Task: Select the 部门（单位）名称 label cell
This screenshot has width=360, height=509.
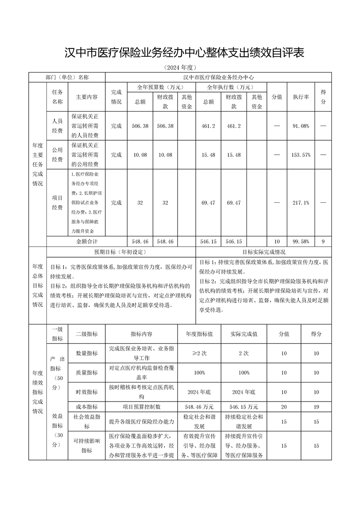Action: click(x=67, y=78)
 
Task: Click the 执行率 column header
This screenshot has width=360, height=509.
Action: click(x=301, y=97)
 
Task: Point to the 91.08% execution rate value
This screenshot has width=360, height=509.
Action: click(x=301, y=126)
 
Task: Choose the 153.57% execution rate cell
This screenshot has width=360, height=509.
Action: click(x=301, y=155)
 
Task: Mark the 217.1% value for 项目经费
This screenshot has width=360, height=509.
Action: click(x=301, y=203)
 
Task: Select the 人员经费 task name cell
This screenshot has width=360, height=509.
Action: click(x=57, y=126)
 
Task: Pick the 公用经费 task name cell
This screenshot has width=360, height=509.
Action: click(x=57, y=155)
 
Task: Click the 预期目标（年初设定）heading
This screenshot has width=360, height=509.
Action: click(x=120, y=252)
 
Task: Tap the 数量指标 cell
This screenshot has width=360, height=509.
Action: click(x=86, y=353)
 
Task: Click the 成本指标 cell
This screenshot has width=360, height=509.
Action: click(x=86, y=407)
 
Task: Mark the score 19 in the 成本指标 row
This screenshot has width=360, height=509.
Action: click(x=316, y=407)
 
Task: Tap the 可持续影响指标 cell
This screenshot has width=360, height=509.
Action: click(x=86, y=446)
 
